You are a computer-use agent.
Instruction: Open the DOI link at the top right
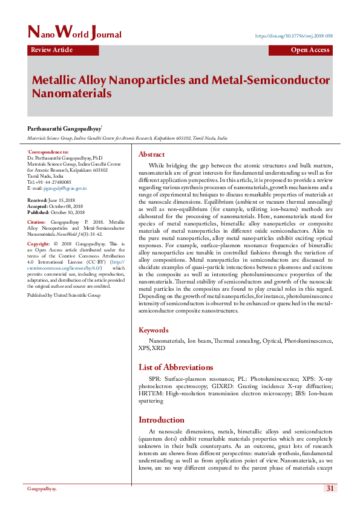[294, 36]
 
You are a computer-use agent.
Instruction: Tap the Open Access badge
[310, 50]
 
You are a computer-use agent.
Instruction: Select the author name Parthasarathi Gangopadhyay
[64, 129]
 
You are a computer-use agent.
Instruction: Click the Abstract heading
[151, 154]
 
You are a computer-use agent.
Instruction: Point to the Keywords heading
[154, 330]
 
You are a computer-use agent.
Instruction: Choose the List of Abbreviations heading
[175, 367]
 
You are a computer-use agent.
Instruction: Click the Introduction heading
[162, 420]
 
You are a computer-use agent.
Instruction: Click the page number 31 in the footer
[330, 488]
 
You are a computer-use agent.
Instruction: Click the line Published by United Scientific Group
[64, 295]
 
